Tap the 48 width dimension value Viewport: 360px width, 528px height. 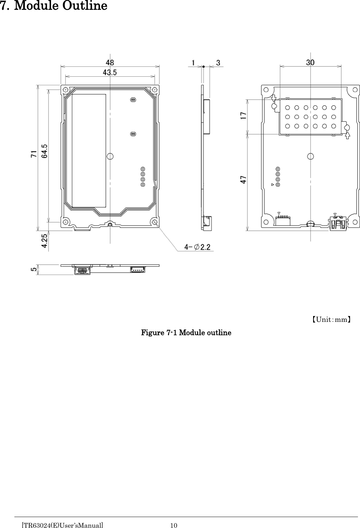tap(110, 63)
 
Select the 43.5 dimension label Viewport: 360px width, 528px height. tap(110, 72)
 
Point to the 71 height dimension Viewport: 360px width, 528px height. tap(34, 154)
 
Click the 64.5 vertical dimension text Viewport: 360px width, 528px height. tap(44, 151)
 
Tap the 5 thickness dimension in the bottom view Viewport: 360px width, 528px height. tap(33, 269)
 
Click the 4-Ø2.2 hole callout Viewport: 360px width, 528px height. tap(198, 247)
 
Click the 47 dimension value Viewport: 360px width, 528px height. tap(243, 180)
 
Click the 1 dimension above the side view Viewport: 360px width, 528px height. tap(194, 63)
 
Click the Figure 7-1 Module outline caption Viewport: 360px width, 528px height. tap(186, 332)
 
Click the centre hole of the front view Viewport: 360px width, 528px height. tap(110, 156)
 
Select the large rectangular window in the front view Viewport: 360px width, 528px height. tap(89, 151)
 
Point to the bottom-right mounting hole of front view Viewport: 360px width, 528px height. tap(155, 222)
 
